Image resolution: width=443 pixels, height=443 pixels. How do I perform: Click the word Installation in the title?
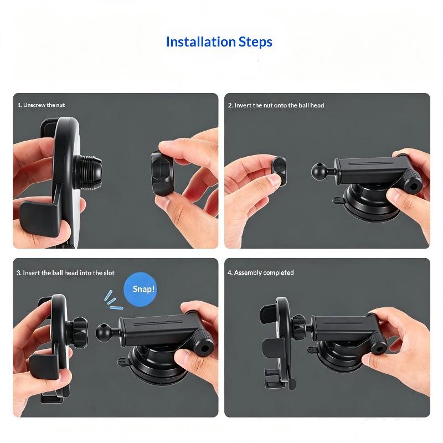click(x=201, y=42)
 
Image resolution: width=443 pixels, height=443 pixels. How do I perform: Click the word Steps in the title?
click(x=255, y=43)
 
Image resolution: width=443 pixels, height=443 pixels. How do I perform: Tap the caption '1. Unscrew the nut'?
click(x=41, y=105)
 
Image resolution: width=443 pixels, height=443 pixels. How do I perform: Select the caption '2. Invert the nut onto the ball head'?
click(x=276, y=105)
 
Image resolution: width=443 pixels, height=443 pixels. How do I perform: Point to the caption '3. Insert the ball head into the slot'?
click(x=65, y=273)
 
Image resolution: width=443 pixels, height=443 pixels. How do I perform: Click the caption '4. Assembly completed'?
click(x=261, y=272)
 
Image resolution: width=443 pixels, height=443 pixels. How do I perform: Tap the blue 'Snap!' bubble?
click(x=141, y=289)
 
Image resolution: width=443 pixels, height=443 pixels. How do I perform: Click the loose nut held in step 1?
click(x=162, y=173)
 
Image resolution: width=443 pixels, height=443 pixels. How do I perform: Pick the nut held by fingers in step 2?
click(x=280, y=171)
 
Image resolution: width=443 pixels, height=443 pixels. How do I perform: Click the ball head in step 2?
click(x=320, y=171)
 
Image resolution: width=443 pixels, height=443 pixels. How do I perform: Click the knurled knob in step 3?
click(x=203, y=344)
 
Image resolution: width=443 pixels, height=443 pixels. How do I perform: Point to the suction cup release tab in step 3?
click(x=122, y=362)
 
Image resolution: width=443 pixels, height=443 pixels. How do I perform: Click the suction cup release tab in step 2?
click(x=338, y=200)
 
